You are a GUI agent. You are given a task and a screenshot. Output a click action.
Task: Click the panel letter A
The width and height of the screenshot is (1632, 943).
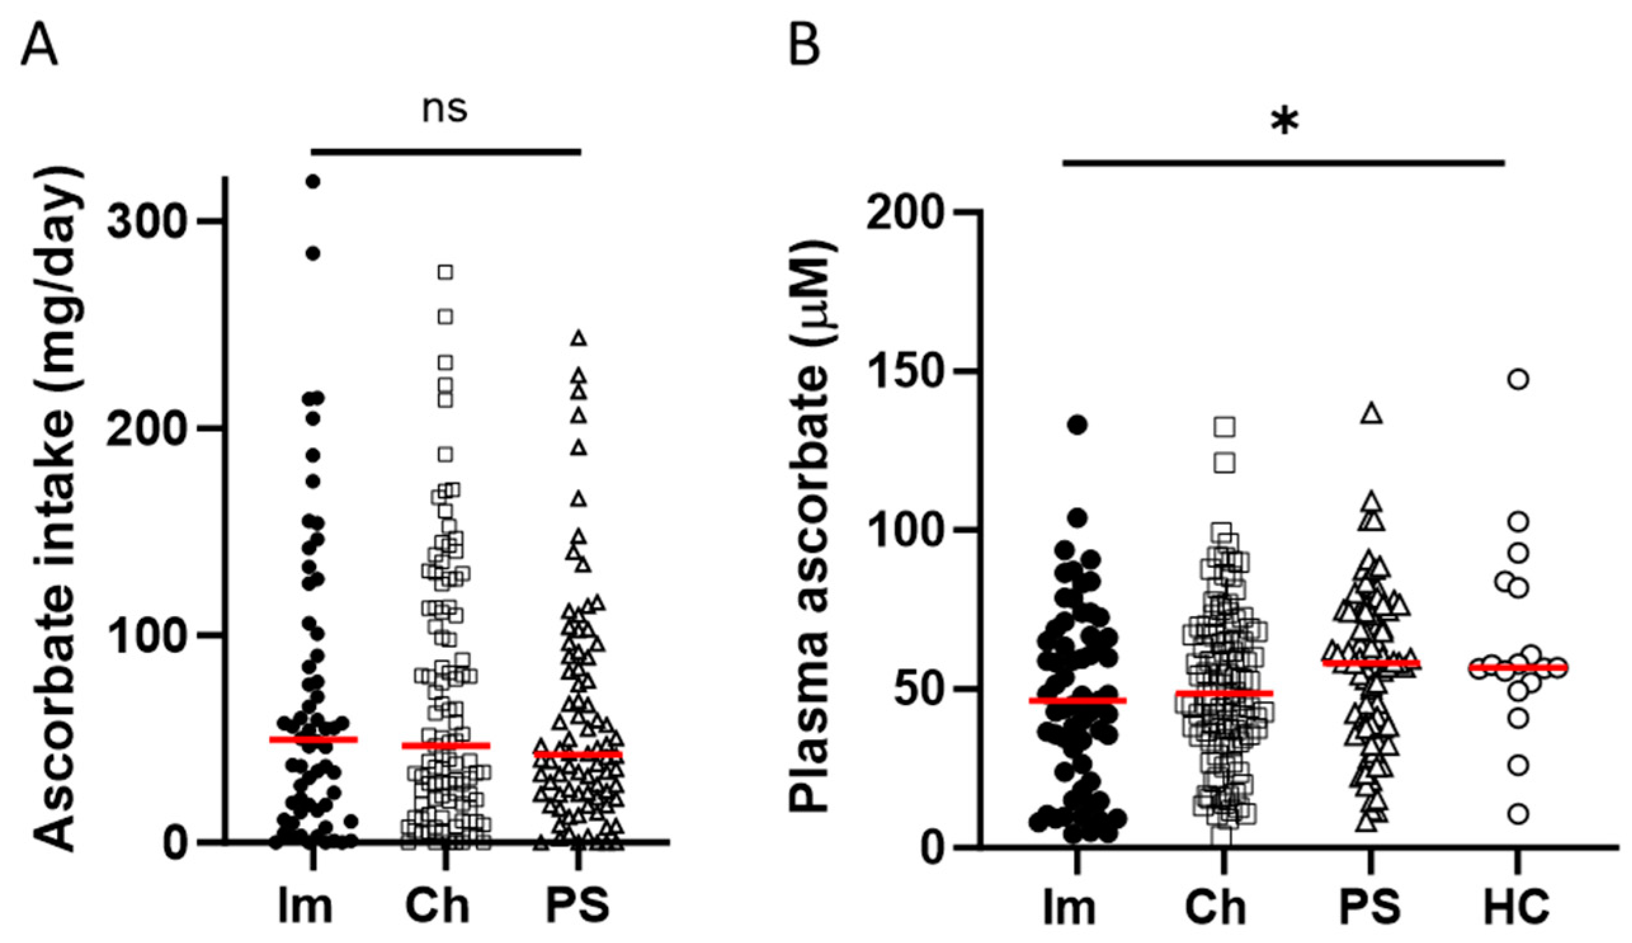click(39, 46)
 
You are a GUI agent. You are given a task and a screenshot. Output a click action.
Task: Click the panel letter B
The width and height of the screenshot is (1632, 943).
click(805, 46)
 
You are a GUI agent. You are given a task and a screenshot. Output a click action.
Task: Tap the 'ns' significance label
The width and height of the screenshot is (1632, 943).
click(445, 109)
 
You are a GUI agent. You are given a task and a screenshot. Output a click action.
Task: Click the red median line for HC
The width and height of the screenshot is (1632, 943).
click(1517, 668)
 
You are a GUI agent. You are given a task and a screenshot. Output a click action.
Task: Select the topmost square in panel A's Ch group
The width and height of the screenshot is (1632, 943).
click(445, 272)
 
